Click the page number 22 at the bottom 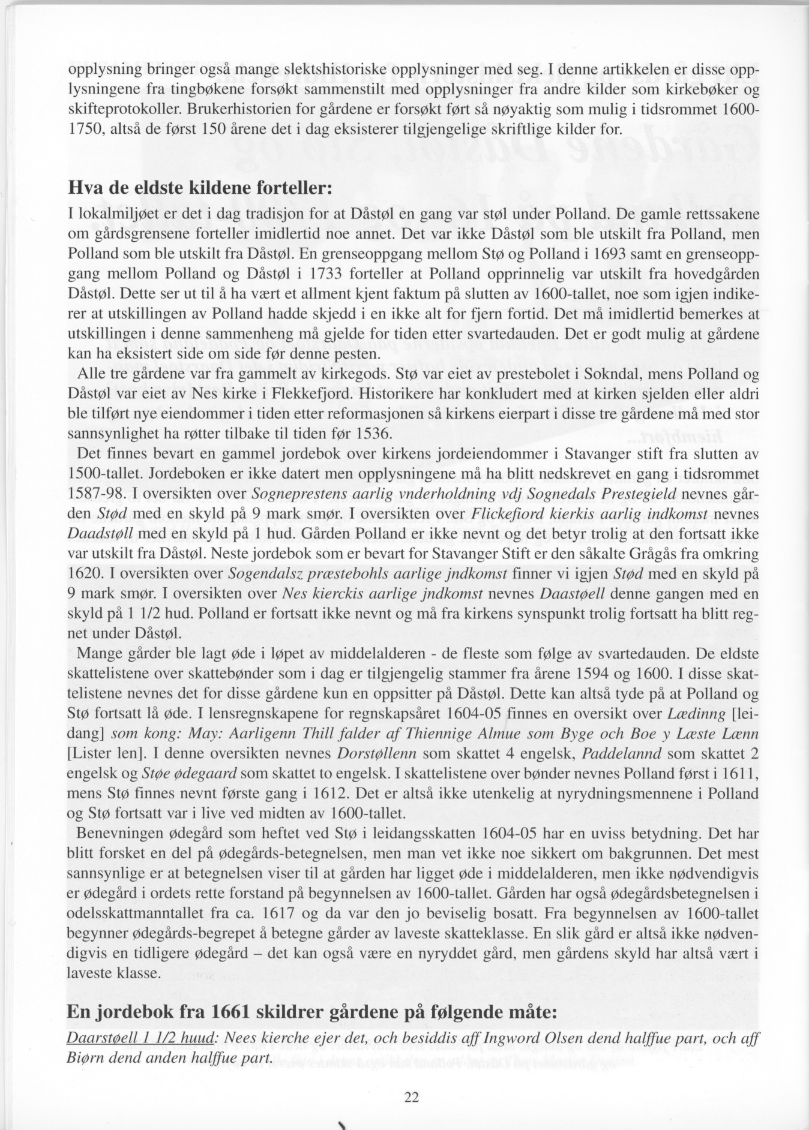coord(411,1098)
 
